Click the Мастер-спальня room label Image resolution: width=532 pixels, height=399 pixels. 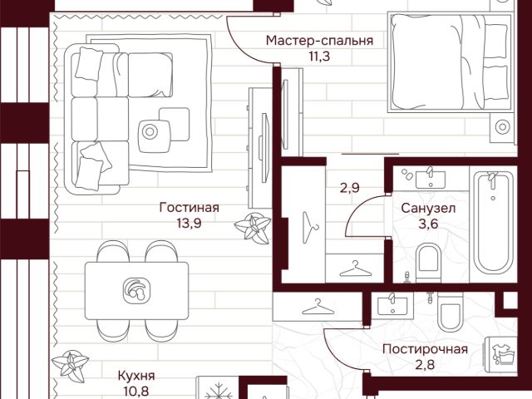coord(319,41)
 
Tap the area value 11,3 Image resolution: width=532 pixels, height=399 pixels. coord(319,57)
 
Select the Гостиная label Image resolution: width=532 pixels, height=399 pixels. coord(190,208)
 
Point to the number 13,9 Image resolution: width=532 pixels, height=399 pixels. coord(189,223)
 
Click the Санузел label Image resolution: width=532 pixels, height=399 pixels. coord(428,209)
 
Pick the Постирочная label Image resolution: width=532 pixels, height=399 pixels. coord(425,349)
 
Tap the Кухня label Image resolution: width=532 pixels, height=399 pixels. coord(136,376)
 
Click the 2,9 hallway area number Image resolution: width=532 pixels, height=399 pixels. coord(350,188)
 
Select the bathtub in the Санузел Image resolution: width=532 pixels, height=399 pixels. coord(493,223)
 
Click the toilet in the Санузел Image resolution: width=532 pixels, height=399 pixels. coord(428,263)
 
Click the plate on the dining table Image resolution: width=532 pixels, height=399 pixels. coord(136,290)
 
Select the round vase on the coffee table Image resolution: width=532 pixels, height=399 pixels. coord(150,131)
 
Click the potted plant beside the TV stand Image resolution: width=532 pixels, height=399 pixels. coord(253,228)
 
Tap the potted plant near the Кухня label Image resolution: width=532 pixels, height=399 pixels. coord(70,366)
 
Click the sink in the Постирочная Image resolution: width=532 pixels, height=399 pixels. coord(392,305)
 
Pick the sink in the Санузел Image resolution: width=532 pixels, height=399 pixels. coord(431,178)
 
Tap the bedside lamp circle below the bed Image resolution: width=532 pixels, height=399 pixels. coord(502,127)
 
